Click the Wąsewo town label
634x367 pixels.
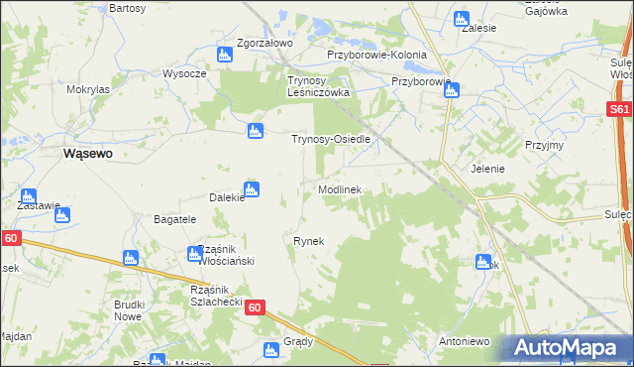86,154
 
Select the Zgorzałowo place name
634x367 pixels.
264,44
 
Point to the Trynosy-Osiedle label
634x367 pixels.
330,140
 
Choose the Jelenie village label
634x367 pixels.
488,169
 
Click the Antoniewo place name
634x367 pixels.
465,341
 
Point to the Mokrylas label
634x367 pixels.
88,89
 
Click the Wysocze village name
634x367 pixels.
184,73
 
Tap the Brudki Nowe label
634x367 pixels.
130,310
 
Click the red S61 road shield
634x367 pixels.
620,110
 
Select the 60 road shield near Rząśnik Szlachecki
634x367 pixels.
255,308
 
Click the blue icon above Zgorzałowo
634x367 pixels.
225,56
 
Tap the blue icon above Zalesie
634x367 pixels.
461,18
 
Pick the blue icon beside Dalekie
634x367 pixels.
252,189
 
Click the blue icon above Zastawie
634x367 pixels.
28,196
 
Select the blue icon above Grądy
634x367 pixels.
270,350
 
